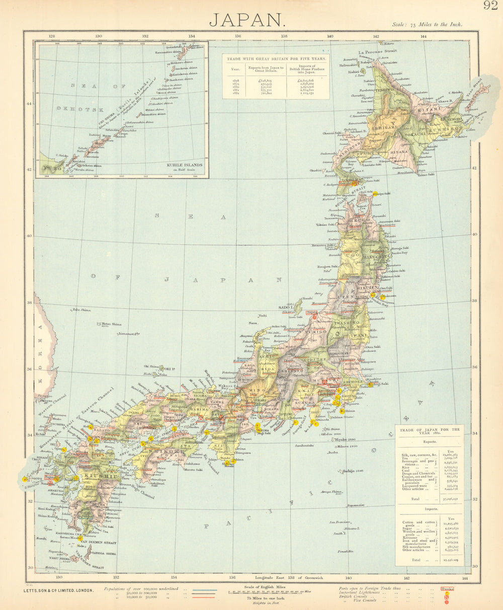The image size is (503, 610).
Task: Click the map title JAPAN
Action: click(247, 20)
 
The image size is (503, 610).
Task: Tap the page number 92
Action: click(491, 6)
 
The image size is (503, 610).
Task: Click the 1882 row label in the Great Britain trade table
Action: click(235, 94)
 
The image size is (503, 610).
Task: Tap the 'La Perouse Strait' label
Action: click(377, 52)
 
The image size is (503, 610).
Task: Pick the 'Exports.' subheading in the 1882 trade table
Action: click(429, 442)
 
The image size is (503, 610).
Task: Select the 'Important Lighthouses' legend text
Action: click(366, 592)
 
